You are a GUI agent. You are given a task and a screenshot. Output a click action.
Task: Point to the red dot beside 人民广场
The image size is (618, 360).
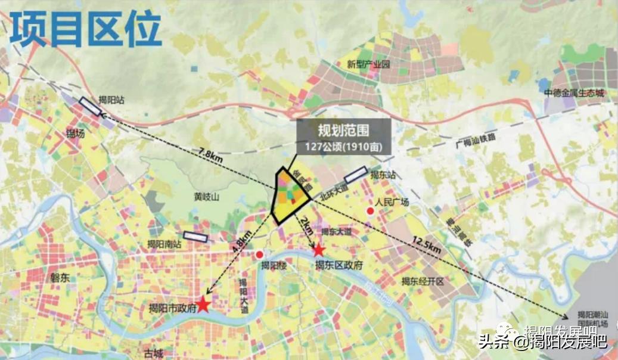370,212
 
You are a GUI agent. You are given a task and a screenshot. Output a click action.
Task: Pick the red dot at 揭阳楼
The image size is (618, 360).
260,255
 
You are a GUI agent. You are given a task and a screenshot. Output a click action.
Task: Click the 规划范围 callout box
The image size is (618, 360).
344,137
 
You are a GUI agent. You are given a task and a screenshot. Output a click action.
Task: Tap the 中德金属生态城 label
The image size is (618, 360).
573,94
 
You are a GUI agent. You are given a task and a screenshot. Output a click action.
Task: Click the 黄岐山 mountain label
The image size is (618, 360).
206,197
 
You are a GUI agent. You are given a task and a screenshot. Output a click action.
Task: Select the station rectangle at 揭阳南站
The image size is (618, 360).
195,237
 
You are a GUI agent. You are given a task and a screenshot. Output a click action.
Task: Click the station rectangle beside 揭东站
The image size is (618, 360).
356,173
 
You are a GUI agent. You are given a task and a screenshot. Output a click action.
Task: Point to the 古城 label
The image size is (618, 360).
153,353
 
